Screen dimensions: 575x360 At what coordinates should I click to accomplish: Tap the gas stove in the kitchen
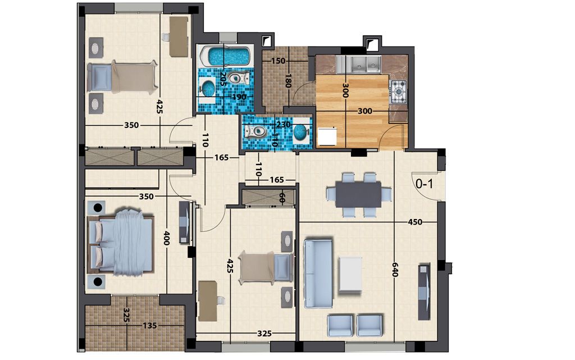(x=398, y=92)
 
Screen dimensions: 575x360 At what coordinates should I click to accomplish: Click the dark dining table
(x=359, y=195)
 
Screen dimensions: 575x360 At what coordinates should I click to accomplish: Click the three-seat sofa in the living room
(x=318, y=274)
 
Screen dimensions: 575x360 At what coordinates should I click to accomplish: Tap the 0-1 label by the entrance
(x=425, y=183)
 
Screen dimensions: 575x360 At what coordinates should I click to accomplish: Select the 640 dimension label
(x=395, y=270)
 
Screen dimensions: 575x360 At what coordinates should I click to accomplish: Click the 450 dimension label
(x=415, y=222)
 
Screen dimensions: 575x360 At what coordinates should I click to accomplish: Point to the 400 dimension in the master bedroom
(x=166, y=238)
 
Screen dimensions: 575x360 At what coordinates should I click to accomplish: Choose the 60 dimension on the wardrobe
(x=282, y=198)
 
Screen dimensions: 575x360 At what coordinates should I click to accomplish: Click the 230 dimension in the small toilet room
(x=284, y=125)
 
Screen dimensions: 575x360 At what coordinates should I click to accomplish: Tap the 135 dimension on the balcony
(x=149, y=326)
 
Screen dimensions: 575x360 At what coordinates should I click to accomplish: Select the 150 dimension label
(x=278, y=61)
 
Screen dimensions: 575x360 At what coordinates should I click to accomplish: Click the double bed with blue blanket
(x=121, y=241)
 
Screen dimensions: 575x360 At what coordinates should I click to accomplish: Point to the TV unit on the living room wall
(x=425, y=292)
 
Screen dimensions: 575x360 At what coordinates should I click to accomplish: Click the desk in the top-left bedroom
(x=179, y=37)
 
